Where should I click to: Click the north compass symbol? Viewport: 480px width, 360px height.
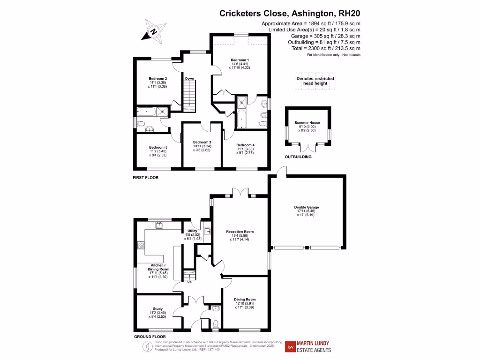(x=153, y=31)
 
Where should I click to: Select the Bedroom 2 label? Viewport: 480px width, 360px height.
(x=158, y=78)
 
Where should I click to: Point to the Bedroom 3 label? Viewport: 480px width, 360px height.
(x=203, y=142)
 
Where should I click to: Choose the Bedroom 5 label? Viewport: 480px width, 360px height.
(x=158, y=148)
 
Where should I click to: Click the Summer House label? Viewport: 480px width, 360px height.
(x=307, y=122)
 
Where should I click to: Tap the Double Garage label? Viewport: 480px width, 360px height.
(x=307, y=207)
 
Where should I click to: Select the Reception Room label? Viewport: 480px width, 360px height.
(x=240, y=232)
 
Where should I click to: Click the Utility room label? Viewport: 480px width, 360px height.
(x=192, y=231)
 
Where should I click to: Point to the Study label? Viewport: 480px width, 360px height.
(x=158, y=309)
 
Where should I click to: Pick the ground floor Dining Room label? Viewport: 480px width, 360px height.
(x=245, y=300)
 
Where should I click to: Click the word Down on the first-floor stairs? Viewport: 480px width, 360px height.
(x=189, y=78)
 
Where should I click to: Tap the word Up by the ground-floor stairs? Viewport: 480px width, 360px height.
(x=189, y=282)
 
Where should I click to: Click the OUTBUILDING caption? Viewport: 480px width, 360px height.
(x=298, y=157)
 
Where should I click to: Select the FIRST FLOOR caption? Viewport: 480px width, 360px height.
(x=145, y=178)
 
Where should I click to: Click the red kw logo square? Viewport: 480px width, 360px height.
(x=290, y=347)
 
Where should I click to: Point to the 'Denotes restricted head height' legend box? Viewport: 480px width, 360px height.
(x=315, y=82)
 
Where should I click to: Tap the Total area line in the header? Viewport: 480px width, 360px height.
(x=328, y=48)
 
